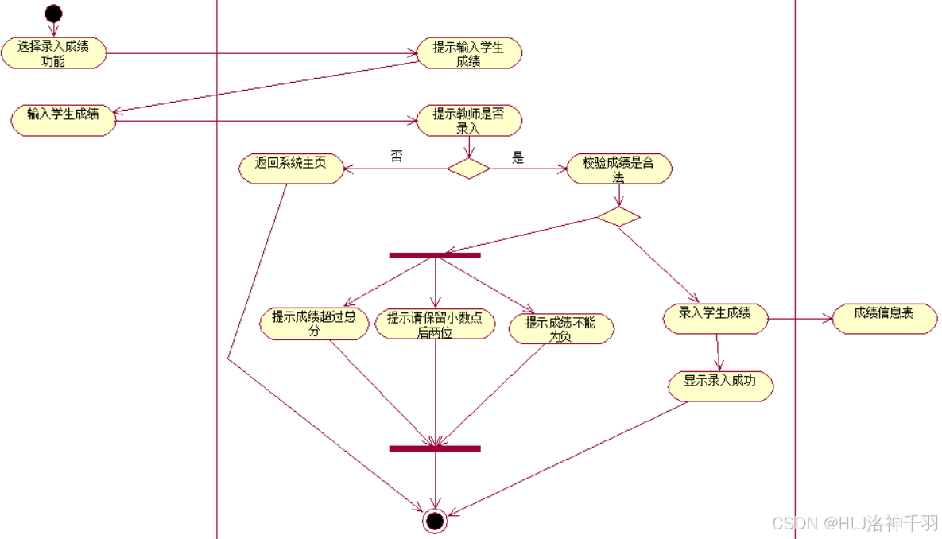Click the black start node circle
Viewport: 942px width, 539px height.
(x=53, y=14)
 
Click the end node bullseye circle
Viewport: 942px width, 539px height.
(x=435, y=521)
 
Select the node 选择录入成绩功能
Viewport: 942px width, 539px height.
(x=53, y=53)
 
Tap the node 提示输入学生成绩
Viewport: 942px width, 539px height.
(x=469, y=53)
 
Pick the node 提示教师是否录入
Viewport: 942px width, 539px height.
(x=469, y=121)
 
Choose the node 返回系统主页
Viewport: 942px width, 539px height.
(x=292, y=169)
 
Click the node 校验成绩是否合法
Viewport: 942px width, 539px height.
(x=619, y=169)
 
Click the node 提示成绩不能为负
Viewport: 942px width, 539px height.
(x=560, y=328)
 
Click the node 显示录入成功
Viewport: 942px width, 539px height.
(x=720, y=386)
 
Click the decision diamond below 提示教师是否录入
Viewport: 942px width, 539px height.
(x=468, y=169)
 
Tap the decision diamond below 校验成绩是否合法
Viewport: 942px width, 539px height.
(x=618, y=217)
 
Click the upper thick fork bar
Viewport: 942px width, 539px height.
(x=435, y=255)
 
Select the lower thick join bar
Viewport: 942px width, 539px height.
(x=435, y=448)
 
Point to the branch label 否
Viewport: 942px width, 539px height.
(x=397, y=157)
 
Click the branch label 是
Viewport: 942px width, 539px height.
(x=518, y=157)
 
